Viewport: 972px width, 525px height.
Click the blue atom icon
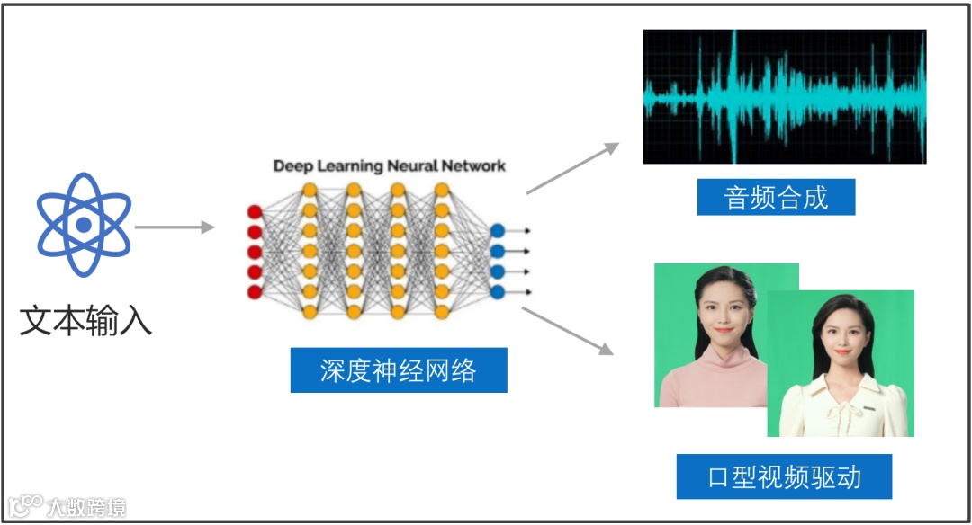(84, 225)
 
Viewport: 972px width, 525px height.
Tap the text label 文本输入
(85, 319)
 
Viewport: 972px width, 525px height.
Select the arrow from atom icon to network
(175, 227)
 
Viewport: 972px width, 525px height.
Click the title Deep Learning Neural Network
(389, 166)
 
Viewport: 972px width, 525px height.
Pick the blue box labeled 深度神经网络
(398, 370)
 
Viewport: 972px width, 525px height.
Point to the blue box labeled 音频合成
(776, 197)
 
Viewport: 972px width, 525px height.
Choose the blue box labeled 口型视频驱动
(784, 476)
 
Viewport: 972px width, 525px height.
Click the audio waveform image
(784, 96)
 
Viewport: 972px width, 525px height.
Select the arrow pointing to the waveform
(573, 167)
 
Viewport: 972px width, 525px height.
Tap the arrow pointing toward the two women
(567, 330)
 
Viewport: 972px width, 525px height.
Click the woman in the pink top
(718, 342)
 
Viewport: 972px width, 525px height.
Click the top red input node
(255, 212)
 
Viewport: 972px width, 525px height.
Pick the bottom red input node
(255, 291)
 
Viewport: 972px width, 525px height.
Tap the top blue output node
(497, 231)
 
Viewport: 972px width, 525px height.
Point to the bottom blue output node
(497, 291)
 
